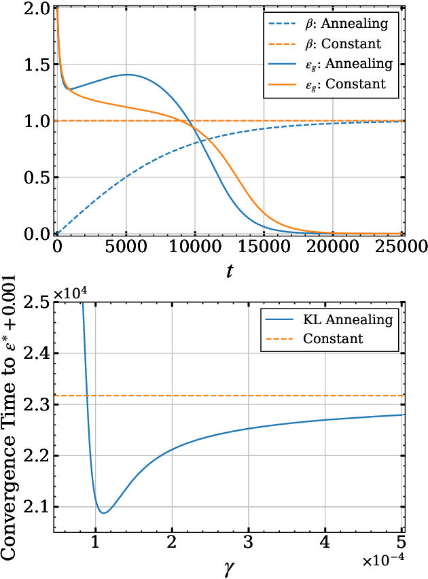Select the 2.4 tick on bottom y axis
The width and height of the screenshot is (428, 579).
pos(37,353)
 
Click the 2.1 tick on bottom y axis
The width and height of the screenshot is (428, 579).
pos(37,507)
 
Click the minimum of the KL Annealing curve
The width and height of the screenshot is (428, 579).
pos(103,512)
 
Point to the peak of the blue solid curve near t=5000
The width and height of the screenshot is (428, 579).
pos(126,75)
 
